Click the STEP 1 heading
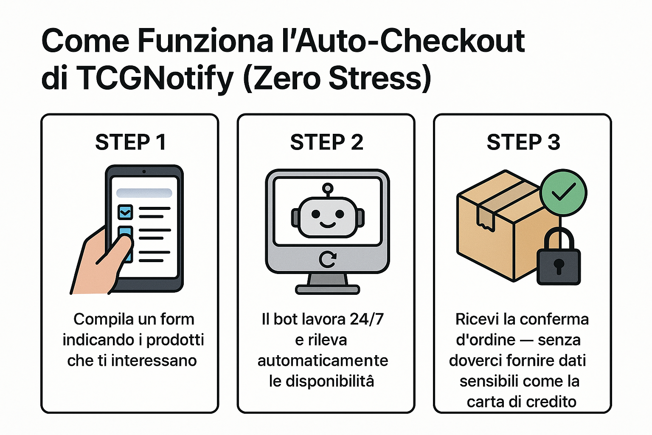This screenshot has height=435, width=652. pos(130,142)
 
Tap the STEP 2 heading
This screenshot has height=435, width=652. pos(326,142)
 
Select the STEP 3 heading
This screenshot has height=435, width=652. pos(523,142)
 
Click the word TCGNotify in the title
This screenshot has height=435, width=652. pos(155,79)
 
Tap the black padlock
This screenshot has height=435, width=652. pos(558,259)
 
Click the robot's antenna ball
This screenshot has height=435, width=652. pos(327,187)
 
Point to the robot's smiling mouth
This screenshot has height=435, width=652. pos(327,224)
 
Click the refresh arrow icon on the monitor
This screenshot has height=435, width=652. pos(327,259)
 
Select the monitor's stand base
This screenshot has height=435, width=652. pos(327,290)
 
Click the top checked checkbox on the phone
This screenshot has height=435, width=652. pos(125,212)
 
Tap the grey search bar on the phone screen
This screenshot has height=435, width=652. pos(144,193)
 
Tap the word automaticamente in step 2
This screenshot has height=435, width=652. pos(323,360)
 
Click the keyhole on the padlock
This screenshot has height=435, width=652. pos(558,266)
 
